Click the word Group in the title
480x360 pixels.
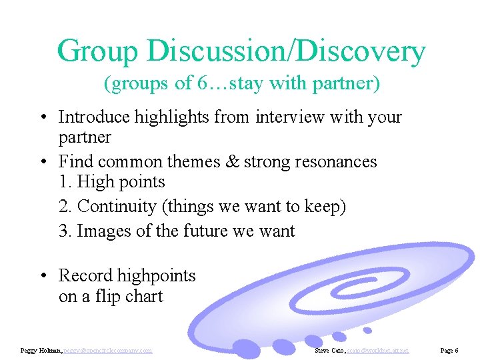pyautogui.click(x=99, y=51)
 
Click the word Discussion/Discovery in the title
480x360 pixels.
pyautogui.click(x=287, y=51)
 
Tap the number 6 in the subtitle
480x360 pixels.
pyautogui.click(x=203, y=83)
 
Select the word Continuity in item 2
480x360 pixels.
pyautogui.click(x=117, y=207)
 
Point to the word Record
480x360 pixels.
pyautogui.click(x=84, y=276)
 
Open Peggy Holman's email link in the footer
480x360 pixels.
pyautogui.click(x=108, y=351)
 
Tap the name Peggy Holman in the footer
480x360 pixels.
pyautogui.click(x=41, y=351)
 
